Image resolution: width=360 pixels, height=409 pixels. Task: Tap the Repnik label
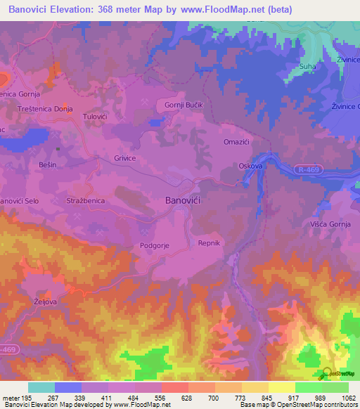tap(209, 242)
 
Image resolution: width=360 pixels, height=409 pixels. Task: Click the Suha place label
tap(307, 67)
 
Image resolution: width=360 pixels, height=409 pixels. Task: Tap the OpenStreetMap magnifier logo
tap(328, 374)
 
